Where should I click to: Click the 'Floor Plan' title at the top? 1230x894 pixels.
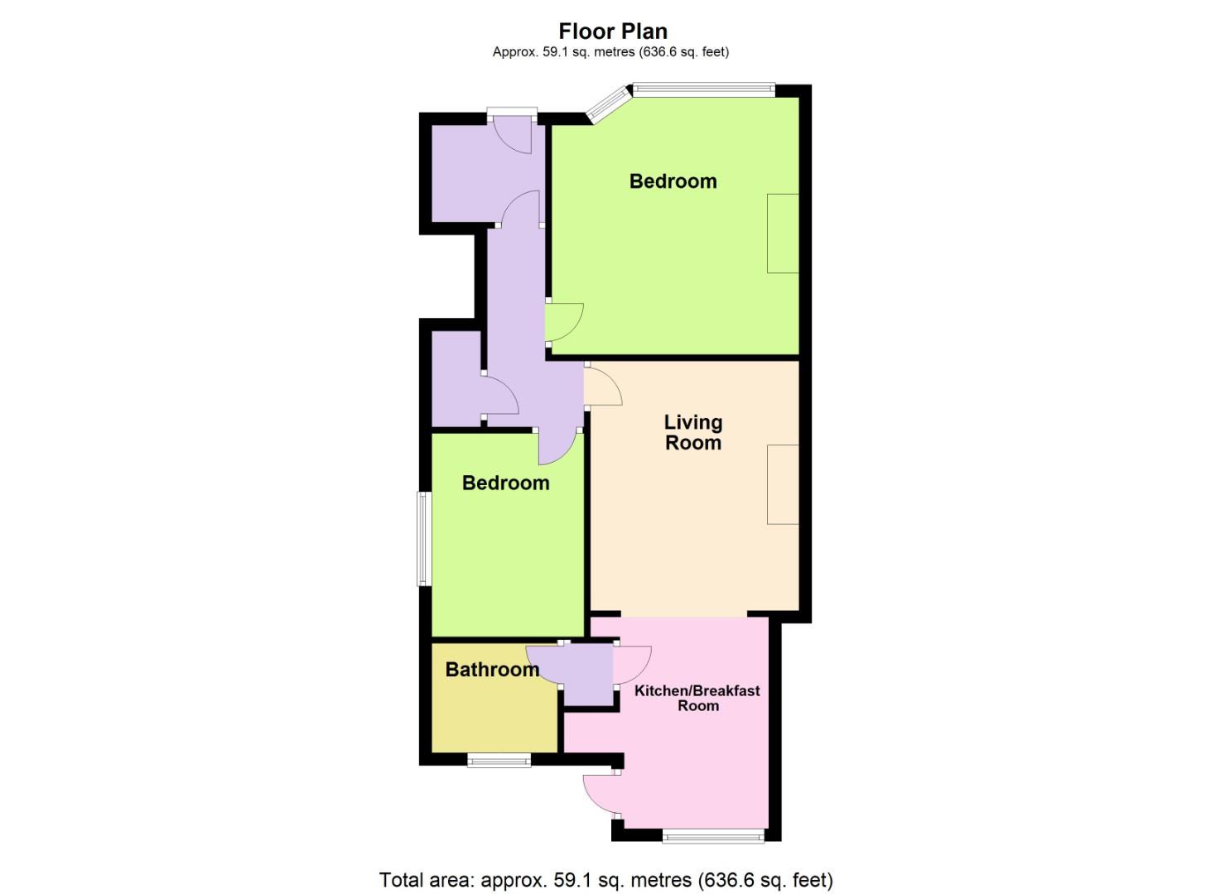coord(613,31)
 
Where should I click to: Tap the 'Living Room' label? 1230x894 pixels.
coord(693,432)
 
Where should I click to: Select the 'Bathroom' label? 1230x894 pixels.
coord(492,669)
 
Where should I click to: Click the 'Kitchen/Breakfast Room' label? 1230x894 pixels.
coord(697,698)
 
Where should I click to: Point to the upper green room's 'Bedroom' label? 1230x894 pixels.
coord(673,181)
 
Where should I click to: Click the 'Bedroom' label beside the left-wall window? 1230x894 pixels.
coord(505,483)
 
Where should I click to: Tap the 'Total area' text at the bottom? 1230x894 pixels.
coord(605,879)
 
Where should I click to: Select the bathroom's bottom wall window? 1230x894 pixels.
coord(499,760)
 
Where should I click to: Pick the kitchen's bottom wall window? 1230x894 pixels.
coord(713,836)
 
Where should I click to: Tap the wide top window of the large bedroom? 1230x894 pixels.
coord(704,89)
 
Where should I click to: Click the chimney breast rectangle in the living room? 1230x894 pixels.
coord(783,484)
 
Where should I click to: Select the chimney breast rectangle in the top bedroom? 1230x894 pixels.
coord(783,233)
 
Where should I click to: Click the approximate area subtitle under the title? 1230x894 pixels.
coord(610,52)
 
